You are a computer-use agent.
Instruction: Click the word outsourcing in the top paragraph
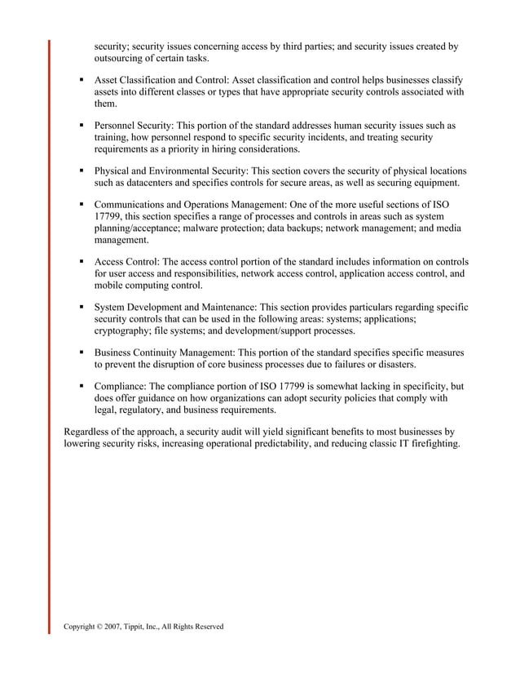click(x=122, y=59)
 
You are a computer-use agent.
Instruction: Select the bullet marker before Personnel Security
click(x=82, y=126)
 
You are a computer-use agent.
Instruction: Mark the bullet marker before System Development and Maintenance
click(x=82, y=308)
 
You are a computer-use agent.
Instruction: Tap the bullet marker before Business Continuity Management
click(x=82, y=353)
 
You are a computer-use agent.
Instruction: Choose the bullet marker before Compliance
click(x=82, y=387)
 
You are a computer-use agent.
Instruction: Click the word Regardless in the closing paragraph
click(x=90, y=432)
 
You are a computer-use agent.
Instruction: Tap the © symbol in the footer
click(x=102, y=626)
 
